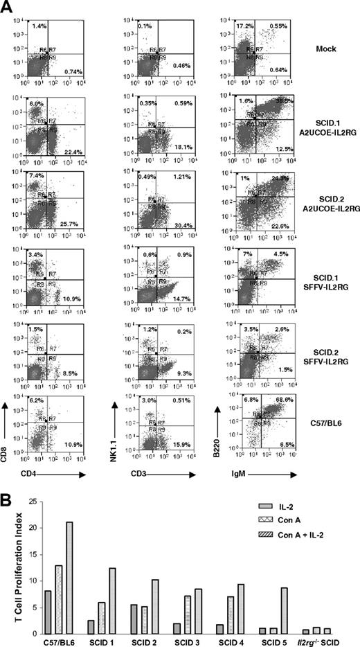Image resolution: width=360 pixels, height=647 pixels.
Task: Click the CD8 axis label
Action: pos(11,455)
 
